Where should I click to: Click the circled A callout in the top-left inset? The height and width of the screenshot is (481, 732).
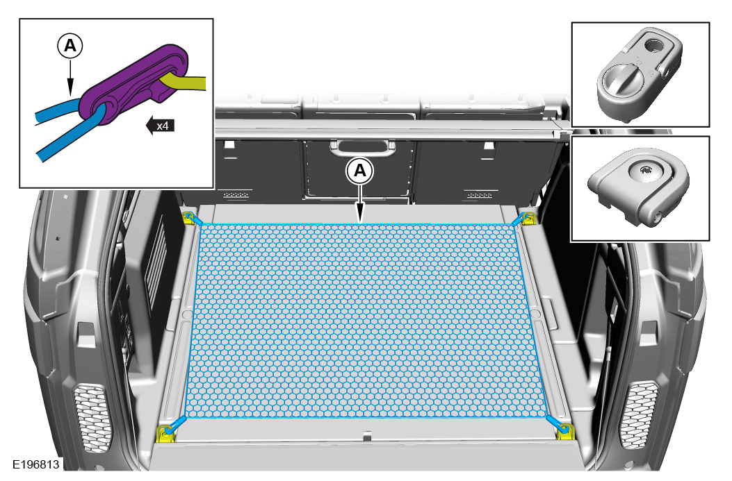pos(70,46)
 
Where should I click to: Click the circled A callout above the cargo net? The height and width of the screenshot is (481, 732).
pos(359,171)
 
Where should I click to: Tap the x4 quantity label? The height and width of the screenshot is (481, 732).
pos(163,126)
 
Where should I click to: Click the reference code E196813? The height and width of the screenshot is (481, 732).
pos(36,464)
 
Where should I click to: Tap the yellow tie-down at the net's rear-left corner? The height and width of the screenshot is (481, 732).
pos(188,218)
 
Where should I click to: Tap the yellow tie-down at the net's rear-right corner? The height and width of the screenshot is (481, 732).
pos(528,219)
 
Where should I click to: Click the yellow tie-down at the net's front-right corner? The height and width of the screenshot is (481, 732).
pos(565,432)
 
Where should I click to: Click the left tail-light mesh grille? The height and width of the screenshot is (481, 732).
pos(93,418)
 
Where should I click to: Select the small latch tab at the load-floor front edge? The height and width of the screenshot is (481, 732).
pos(368,436)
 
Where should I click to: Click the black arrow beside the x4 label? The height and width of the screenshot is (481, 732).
pos(150,126)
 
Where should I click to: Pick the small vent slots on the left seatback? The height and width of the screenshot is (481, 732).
pos(236,195)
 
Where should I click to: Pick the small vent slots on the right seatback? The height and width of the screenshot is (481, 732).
pos(479,195)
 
